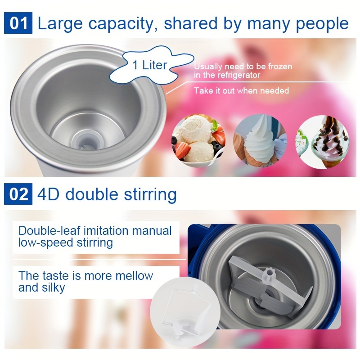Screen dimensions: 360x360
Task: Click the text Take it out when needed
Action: pos(241,90)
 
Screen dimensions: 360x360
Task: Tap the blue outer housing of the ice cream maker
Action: pos(194,252)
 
